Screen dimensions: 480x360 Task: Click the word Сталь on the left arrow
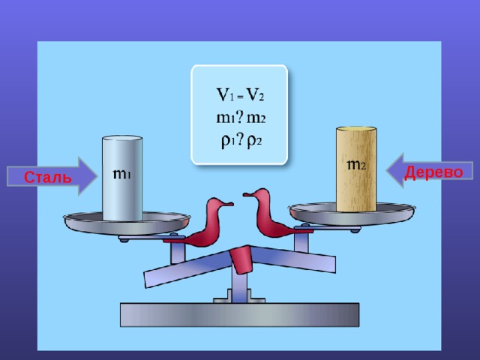(48, 177)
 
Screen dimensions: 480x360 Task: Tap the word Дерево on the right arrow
(433, 172)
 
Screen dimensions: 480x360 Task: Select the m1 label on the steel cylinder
(121, 174)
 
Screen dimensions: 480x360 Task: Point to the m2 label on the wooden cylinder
(356, 165)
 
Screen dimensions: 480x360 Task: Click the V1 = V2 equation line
(240, 94)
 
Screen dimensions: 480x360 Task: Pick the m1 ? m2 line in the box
(241, 118)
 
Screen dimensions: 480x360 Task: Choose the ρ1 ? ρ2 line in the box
(241, 141)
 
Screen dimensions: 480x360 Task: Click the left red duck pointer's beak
(229, 203)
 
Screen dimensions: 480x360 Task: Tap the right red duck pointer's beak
(247, 194)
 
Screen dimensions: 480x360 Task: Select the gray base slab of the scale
(239, 315)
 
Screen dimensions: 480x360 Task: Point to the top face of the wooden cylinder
(356, 130)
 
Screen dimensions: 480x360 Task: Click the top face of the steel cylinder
(122, 138)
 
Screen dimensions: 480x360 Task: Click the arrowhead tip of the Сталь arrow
(97, 176)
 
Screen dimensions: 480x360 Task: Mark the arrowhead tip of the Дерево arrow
(386, 170)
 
